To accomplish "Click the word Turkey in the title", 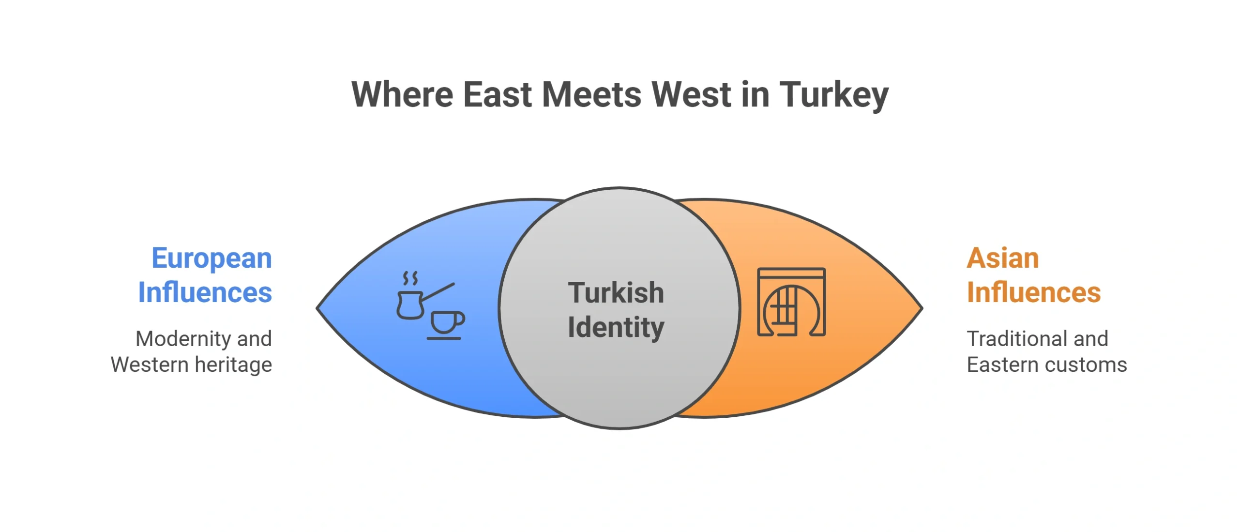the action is coord(834,95).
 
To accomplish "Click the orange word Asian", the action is coord(1003,258).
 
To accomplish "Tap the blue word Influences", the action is coord(205,292).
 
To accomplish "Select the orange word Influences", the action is coord(1034,292).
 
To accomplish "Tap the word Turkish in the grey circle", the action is coord(616,292).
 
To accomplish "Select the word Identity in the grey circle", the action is coord(616,328).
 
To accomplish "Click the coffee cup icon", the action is coord(446,325).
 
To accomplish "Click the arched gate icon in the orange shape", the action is coord(791,302).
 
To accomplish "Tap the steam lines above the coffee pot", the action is coord(410,278).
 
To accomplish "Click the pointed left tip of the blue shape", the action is coord(317,308).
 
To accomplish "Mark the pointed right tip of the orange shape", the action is coord(922,308).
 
